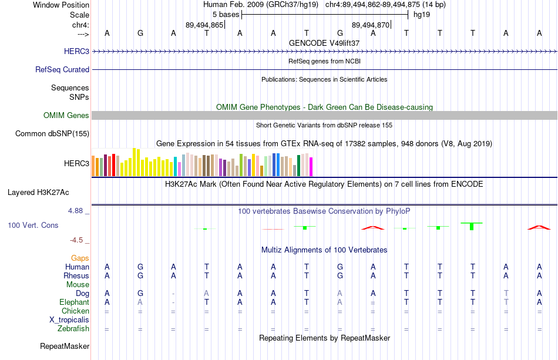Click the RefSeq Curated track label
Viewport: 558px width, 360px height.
(x=62, y=70)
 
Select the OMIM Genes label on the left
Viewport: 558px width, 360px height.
(x=66, y=115)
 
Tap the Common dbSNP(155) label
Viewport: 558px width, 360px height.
(x=52, y=134)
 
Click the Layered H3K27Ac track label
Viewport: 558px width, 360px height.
(x=38, y=193)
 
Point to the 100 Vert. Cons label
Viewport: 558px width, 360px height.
(x=33, y=225)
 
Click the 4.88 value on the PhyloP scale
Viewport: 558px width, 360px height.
(x=75, y=211)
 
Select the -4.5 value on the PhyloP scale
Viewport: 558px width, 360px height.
(x=76, y=240)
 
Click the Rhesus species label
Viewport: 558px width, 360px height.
(x=76, y=275)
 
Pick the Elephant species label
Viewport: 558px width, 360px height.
(x=75, y=302)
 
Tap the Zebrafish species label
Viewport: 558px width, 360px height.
(x=73, y=328)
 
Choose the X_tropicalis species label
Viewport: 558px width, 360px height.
(x=69, y=320)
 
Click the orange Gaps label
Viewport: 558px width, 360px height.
(x=80, y=258)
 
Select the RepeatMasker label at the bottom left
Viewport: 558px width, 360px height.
(x=65, y=346)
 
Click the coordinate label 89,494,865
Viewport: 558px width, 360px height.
(x=204, y=25)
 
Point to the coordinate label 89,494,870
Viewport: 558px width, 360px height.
(x=371, y=25)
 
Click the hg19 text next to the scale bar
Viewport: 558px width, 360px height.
(x=422, y=15)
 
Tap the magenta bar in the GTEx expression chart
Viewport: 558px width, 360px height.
(x=311, y=167)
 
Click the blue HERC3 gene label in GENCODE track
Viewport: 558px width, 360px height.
(x=76, y=51)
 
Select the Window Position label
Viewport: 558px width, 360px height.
(x=61, y=5)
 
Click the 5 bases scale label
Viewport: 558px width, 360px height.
(x=226, y=15)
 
